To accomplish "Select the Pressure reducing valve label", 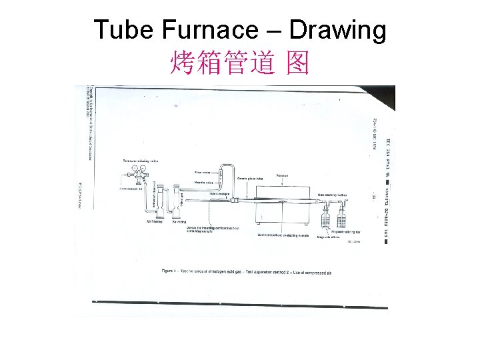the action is click(x=140, y=161).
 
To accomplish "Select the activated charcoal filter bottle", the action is click(x=159, y=203).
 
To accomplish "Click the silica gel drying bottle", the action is click(x=177, y=203).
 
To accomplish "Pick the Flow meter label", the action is click(x=202, y=172).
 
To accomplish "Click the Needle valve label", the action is click(x=203, y=181).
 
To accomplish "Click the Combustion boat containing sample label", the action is click(x=283, y=235).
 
